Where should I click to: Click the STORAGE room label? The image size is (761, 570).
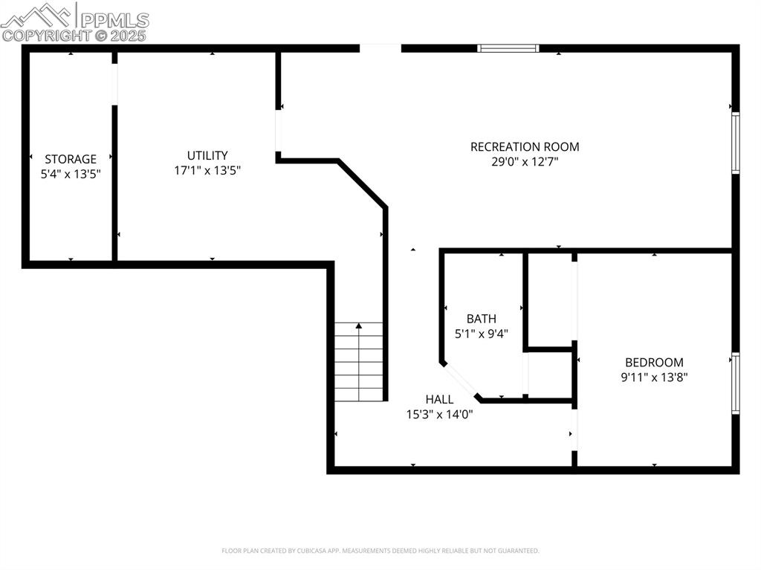click(x=71, y=159)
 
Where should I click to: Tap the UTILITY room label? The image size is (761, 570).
click(x=207, y=155)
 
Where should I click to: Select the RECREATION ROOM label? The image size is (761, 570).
click(x=525, y=146)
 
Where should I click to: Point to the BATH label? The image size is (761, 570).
click(x=482, y=319)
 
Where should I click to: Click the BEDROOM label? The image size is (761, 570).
click(x=654, y=362)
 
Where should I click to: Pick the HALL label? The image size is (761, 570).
click(x=439, y=399)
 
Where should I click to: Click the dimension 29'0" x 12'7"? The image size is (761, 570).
click(x=525, y=161)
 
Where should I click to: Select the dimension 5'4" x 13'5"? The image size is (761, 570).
click(x=71, y=173)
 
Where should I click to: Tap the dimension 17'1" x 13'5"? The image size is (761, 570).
click(x=207, y=170)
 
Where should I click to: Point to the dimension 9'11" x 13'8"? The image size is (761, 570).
click(x=654, y=377)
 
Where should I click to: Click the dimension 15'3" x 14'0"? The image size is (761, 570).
click(x=439, y=414)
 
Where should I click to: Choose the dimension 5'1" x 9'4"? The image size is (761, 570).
click(x=482, y=334)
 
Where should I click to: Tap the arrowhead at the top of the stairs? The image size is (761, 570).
click(x=359, y=326)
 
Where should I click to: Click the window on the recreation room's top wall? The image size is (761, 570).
click(x=508, y=48)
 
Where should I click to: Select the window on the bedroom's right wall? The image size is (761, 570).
click(x=736, y=383)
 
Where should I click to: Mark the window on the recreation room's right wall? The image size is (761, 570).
click(x=736, y=143)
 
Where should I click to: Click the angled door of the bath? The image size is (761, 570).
click(x=462, y=380)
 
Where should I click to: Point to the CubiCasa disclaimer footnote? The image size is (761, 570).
click(x=380, y=551)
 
